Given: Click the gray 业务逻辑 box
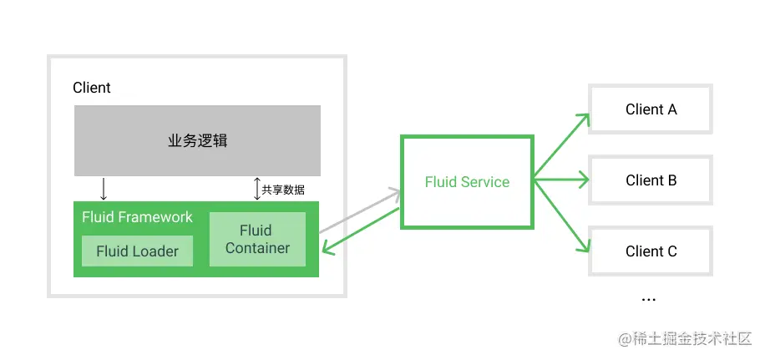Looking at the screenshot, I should [x=197, y=140].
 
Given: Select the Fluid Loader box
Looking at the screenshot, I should [x=137, y=251].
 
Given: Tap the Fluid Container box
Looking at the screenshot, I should [x=257, y=239].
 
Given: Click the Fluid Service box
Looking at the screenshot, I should [x=467, y=181].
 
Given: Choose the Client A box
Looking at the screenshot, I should [x=651, y=109].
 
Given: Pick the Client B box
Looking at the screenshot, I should [x=651, y=180].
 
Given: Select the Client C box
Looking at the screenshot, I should [x=651, y=251].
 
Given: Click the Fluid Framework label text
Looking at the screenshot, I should [x=137, y=217].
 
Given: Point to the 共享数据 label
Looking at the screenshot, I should [x=283, y=190].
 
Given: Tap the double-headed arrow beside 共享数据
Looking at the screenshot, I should [x=256, y=189].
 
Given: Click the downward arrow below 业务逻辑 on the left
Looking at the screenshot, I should [x=103, y=188].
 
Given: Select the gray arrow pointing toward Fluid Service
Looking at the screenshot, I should [x=359, y=210].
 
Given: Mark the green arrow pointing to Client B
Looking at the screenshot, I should [x=561, y=178].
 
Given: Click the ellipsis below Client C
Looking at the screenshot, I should [x=648, y=298].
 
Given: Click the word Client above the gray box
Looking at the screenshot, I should [x=92, y=88].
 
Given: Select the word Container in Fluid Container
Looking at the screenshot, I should [x=257, y=248].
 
